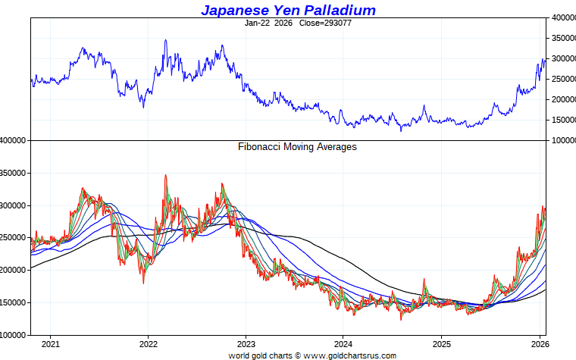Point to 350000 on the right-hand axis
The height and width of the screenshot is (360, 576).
coord(562,37)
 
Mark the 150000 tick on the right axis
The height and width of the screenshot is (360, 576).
coord(562,120)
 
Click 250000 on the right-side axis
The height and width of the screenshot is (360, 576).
coord(562,79)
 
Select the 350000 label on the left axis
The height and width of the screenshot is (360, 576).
coord(14,174)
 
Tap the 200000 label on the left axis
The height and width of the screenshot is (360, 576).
coord(14,271)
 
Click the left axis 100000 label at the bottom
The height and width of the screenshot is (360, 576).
coord(14,335)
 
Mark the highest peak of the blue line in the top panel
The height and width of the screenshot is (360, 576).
coord(165,40)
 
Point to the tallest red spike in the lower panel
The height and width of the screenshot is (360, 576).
coord(165,175)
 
